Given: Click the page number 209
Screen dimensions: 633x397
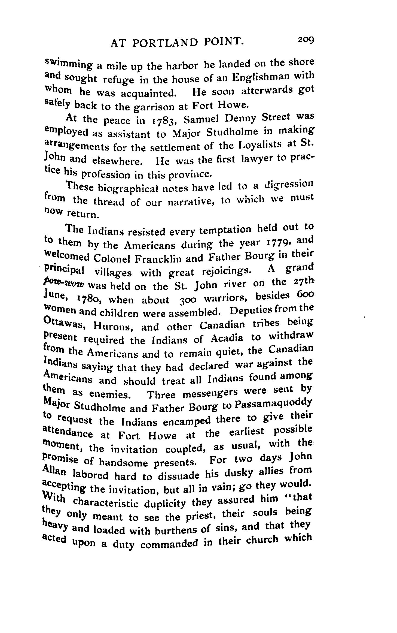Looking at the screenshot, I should pos(306,40).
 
